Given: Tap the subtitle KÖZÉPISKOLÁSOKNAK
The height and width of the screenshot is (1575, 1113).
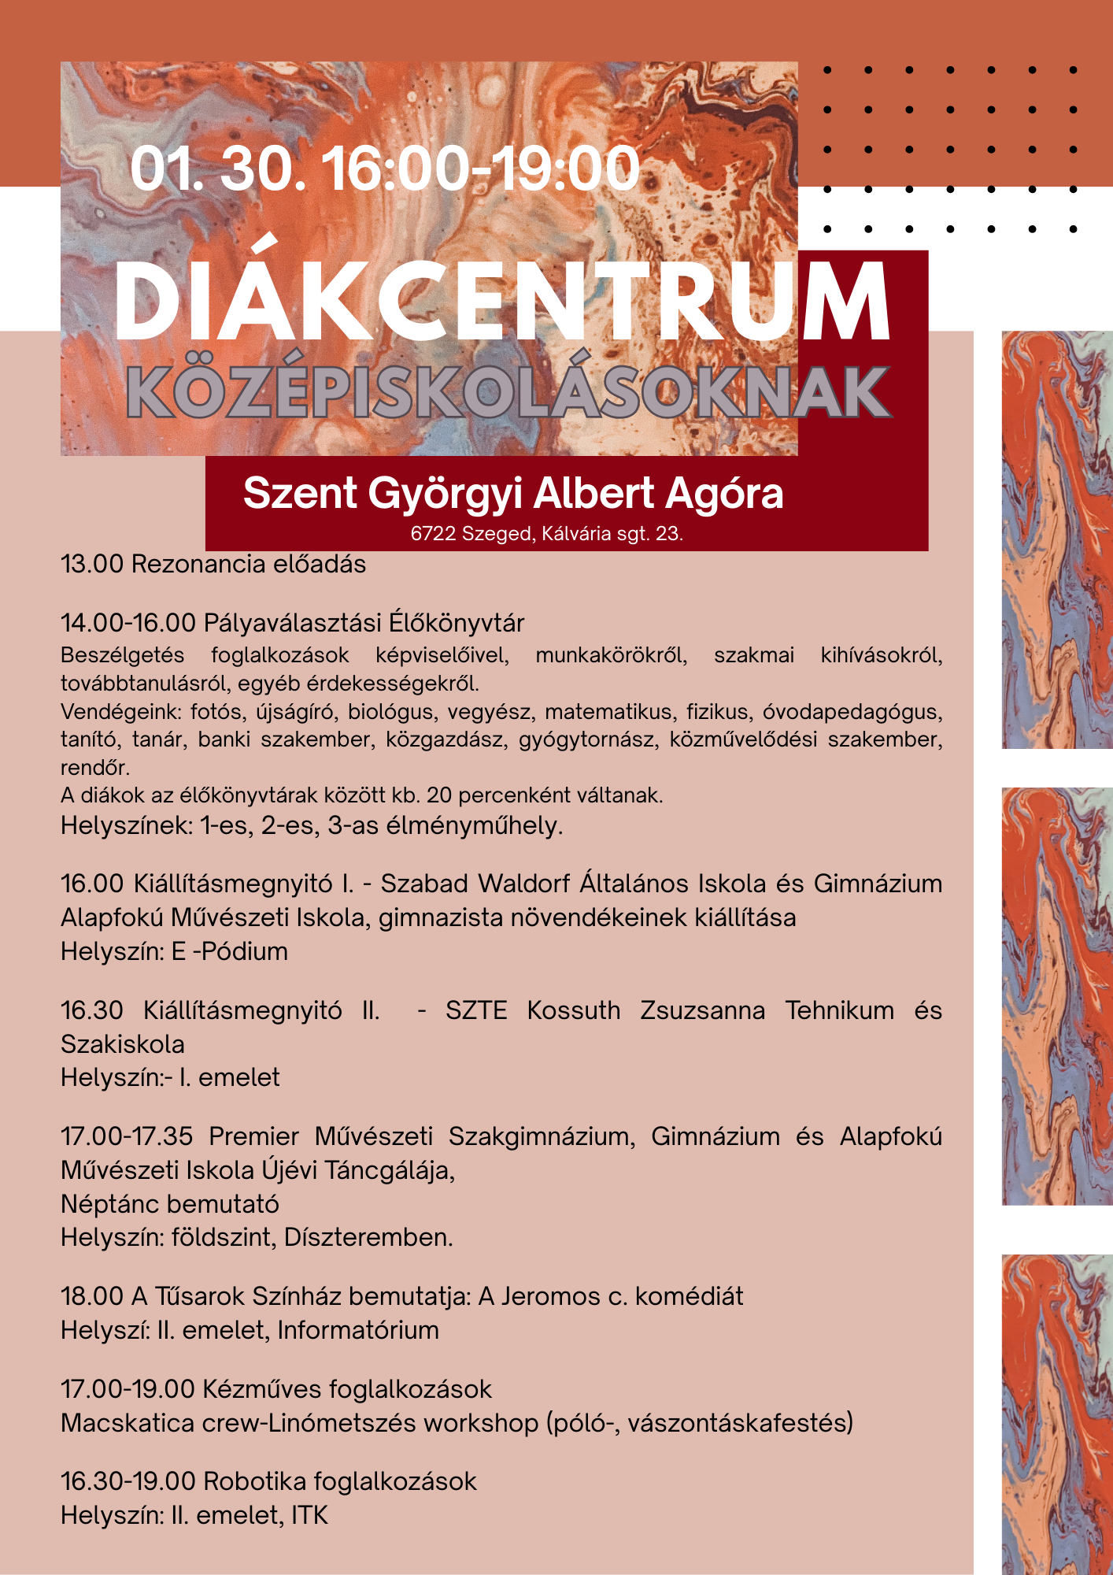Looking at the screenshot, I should [508, 392].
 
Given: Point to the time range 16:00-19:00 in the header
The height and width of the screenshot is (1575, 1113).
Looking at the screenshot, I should [481, 169].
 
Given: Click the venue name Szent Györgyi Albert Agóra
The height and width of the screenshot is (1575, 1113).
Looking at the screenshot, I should [513, 494].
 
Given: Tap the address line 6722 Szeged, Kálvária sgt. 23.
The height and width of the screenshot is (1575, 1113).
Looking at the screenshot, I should [546, 534].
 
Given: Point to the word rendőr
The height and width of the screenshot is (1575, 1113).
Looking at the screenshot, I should [94, 767].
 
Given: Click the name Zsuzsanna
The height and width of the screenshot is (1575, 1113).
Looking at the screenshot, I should [702, 1010].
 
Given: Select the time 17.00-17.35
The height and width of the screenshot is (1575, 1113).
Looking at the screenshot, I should [127, 1136].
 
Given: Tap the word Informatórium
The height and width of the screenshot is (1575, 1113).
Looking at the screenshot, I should [358, 1330].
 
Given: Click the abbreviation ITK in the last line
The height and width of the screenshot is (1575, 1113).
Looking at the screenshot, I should [309, 1515].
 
